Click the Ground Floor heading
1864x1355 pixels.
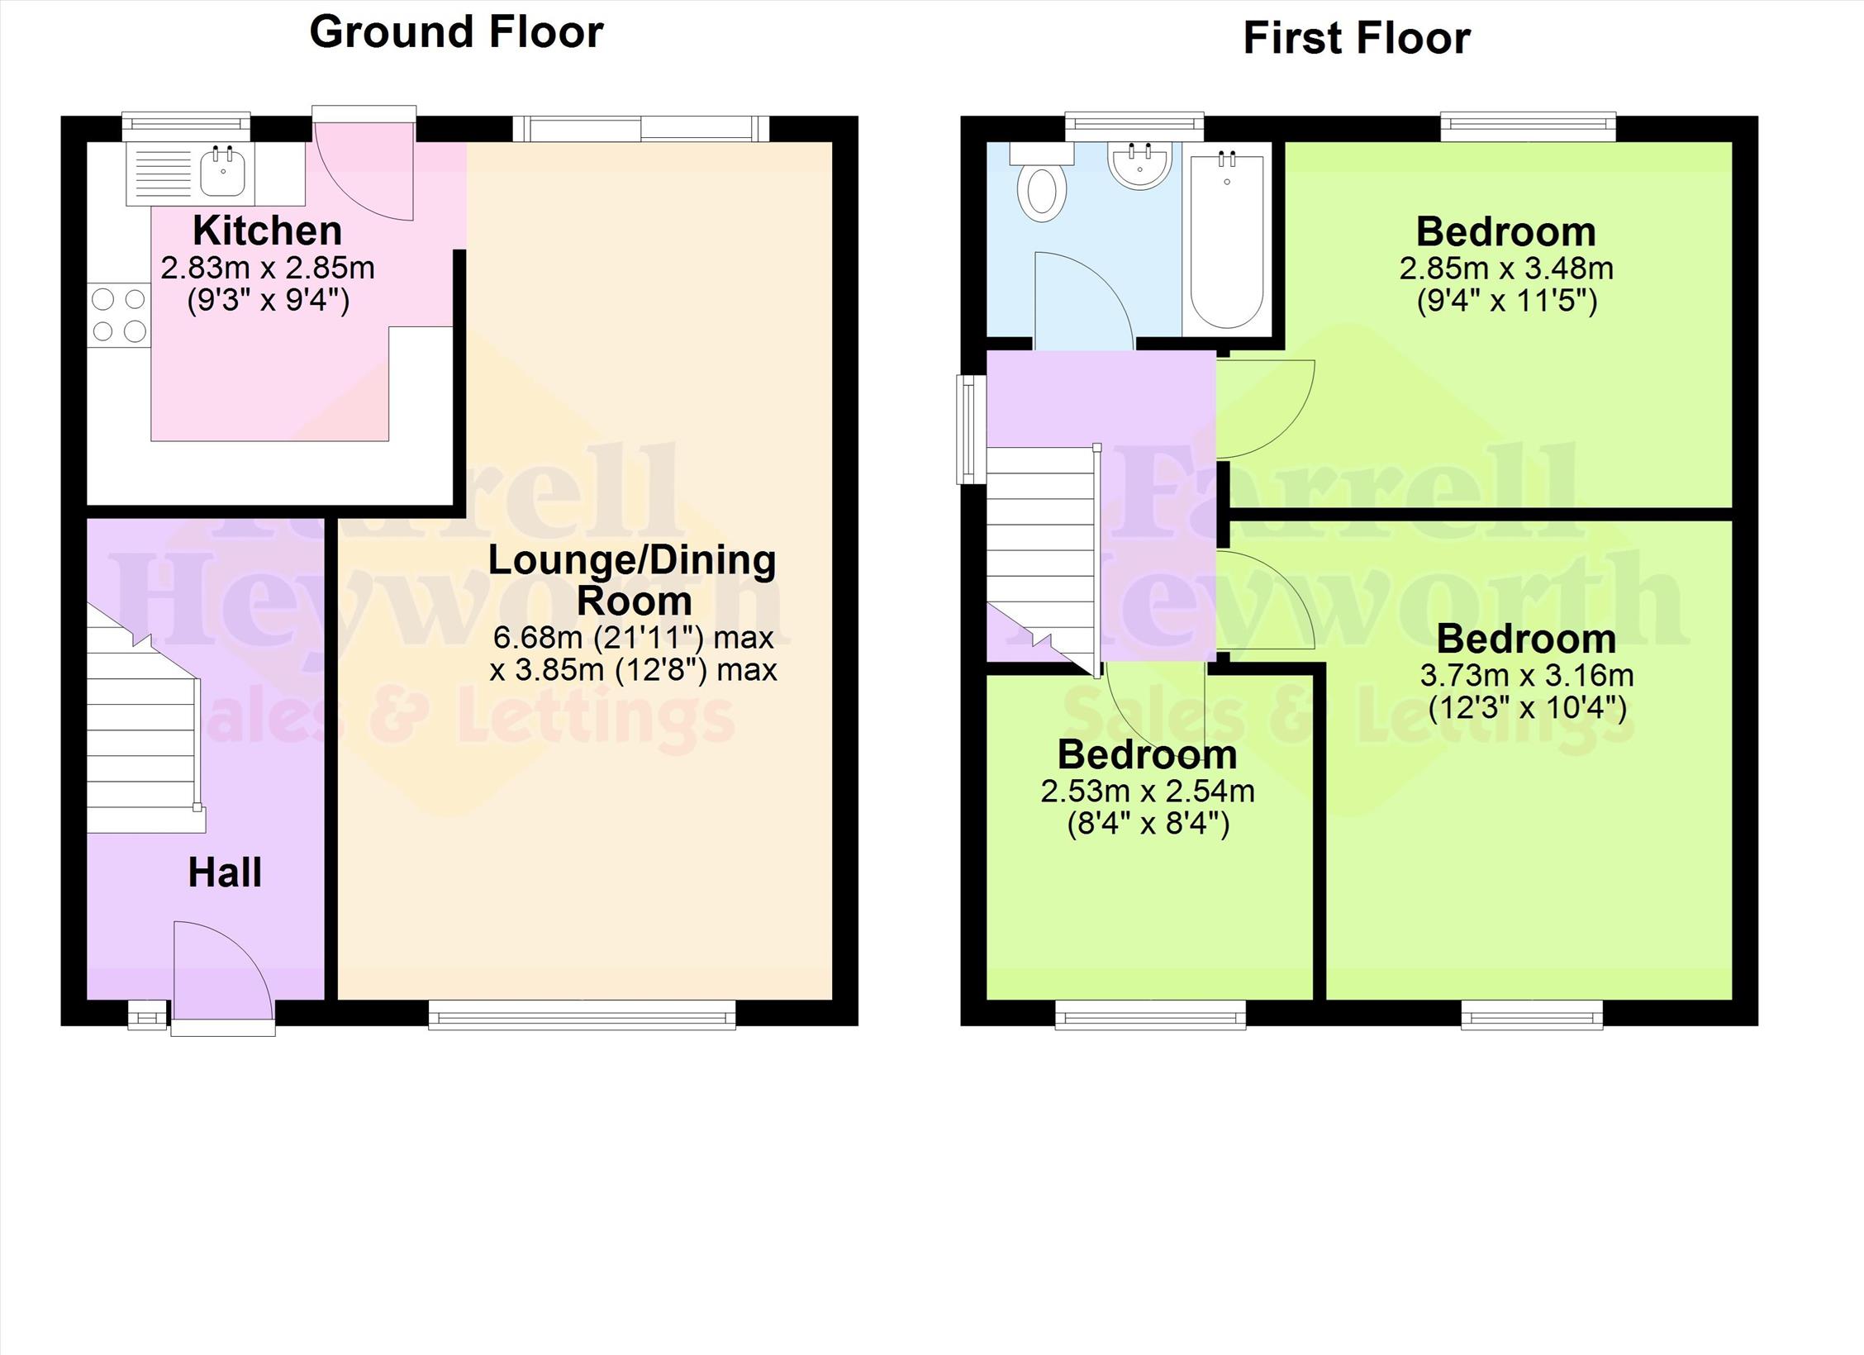click(456, 33)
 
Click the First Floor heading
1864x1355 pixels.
click(1357, 39)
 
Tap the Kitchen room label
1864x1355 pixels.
click(267, 231)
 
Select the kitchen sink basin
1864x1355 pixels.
click(223, 172)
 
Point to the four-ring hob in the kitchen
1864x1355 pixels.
click(119, 315)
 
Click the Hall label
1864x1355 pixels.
click(225, 872)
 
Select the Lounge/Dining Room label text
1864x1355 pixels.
click(633, 580)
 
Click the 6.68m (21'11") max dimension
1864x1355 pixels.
click(634, 637)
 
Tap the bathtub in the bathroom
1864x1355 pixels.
click(1227, 239)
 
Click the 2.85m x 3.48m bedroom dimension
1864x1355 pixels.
click(1506, 269)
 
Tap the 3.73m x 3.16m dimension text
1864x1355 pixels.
click(1527, 676)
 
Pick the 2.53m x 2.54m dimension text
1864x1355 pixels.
click(1148, 792)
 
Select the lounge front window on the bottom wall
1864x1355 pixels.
click(582, 1014)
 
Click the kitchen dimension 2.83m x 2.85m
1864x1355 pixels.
click(268, 269)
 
